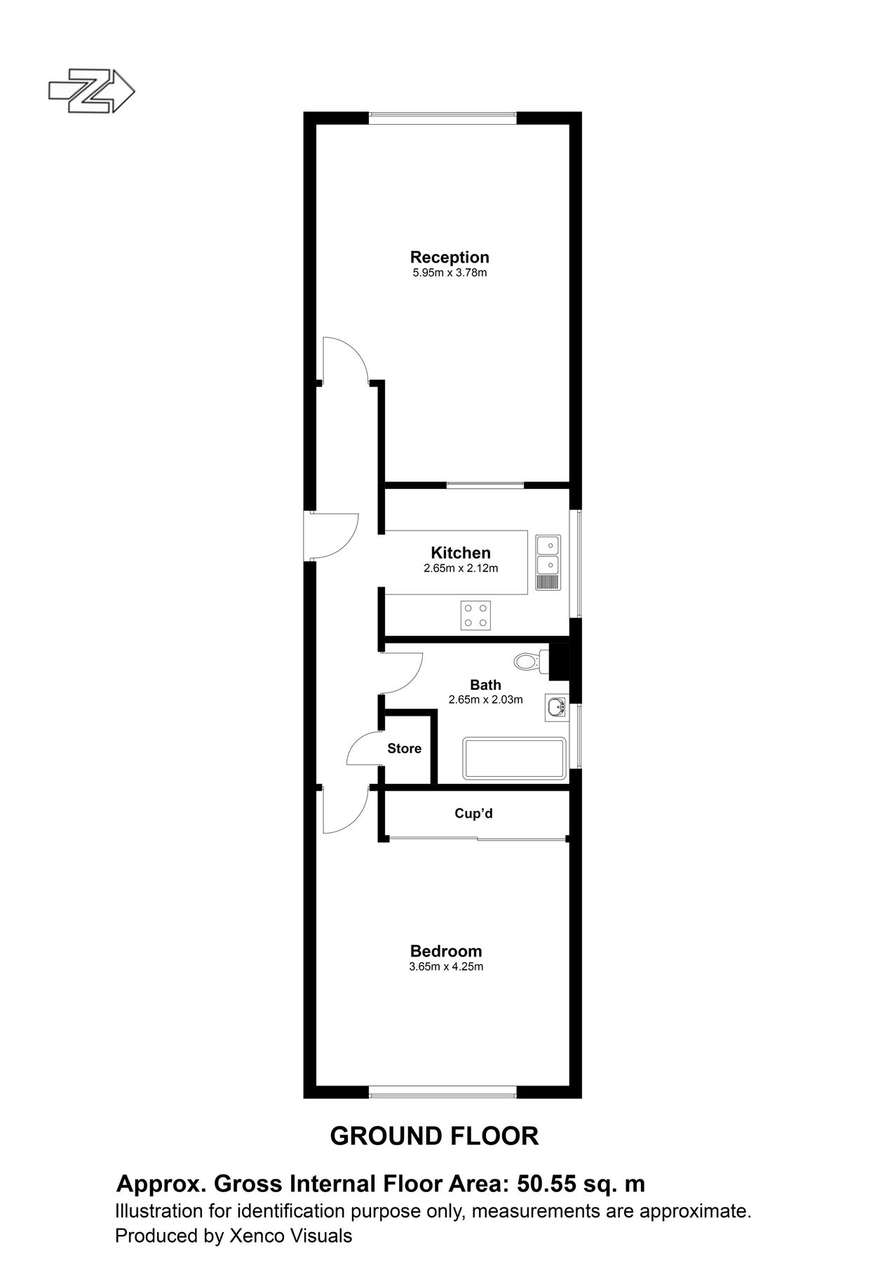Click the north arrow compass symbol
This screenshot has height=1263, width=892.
90,91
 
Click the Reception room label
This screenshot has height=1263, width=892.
450,257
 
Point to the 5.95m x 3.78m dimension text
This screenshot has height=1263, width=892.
450,273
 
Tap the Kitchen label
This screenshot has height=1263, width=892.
461,553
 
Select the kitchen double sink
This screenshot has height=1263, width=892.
548,554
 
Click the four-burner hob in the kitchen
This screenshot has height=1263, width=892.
475,615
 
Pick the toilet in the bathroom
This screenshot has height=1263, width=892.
529,661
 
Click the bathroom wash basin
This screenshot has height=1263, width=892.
556,707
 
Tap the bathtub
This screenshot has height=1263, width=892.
514,759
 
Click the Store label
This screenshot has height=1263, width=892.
405,749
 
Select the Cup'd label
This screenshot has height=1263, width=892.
474,813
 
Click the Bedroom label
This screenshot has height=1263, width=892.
446,951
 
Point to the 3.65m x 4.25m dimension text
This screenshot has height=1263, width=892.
446,967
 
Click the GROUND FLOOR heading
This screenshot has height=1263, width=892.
434,1136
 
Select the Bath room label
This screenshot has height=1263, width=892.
485,685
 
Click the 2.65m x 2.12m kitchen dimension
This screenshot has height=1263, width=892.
461,568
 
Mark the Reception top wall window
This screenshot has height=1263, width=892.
443,119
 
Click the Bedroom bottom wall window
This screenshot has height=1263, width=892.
443,1091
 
